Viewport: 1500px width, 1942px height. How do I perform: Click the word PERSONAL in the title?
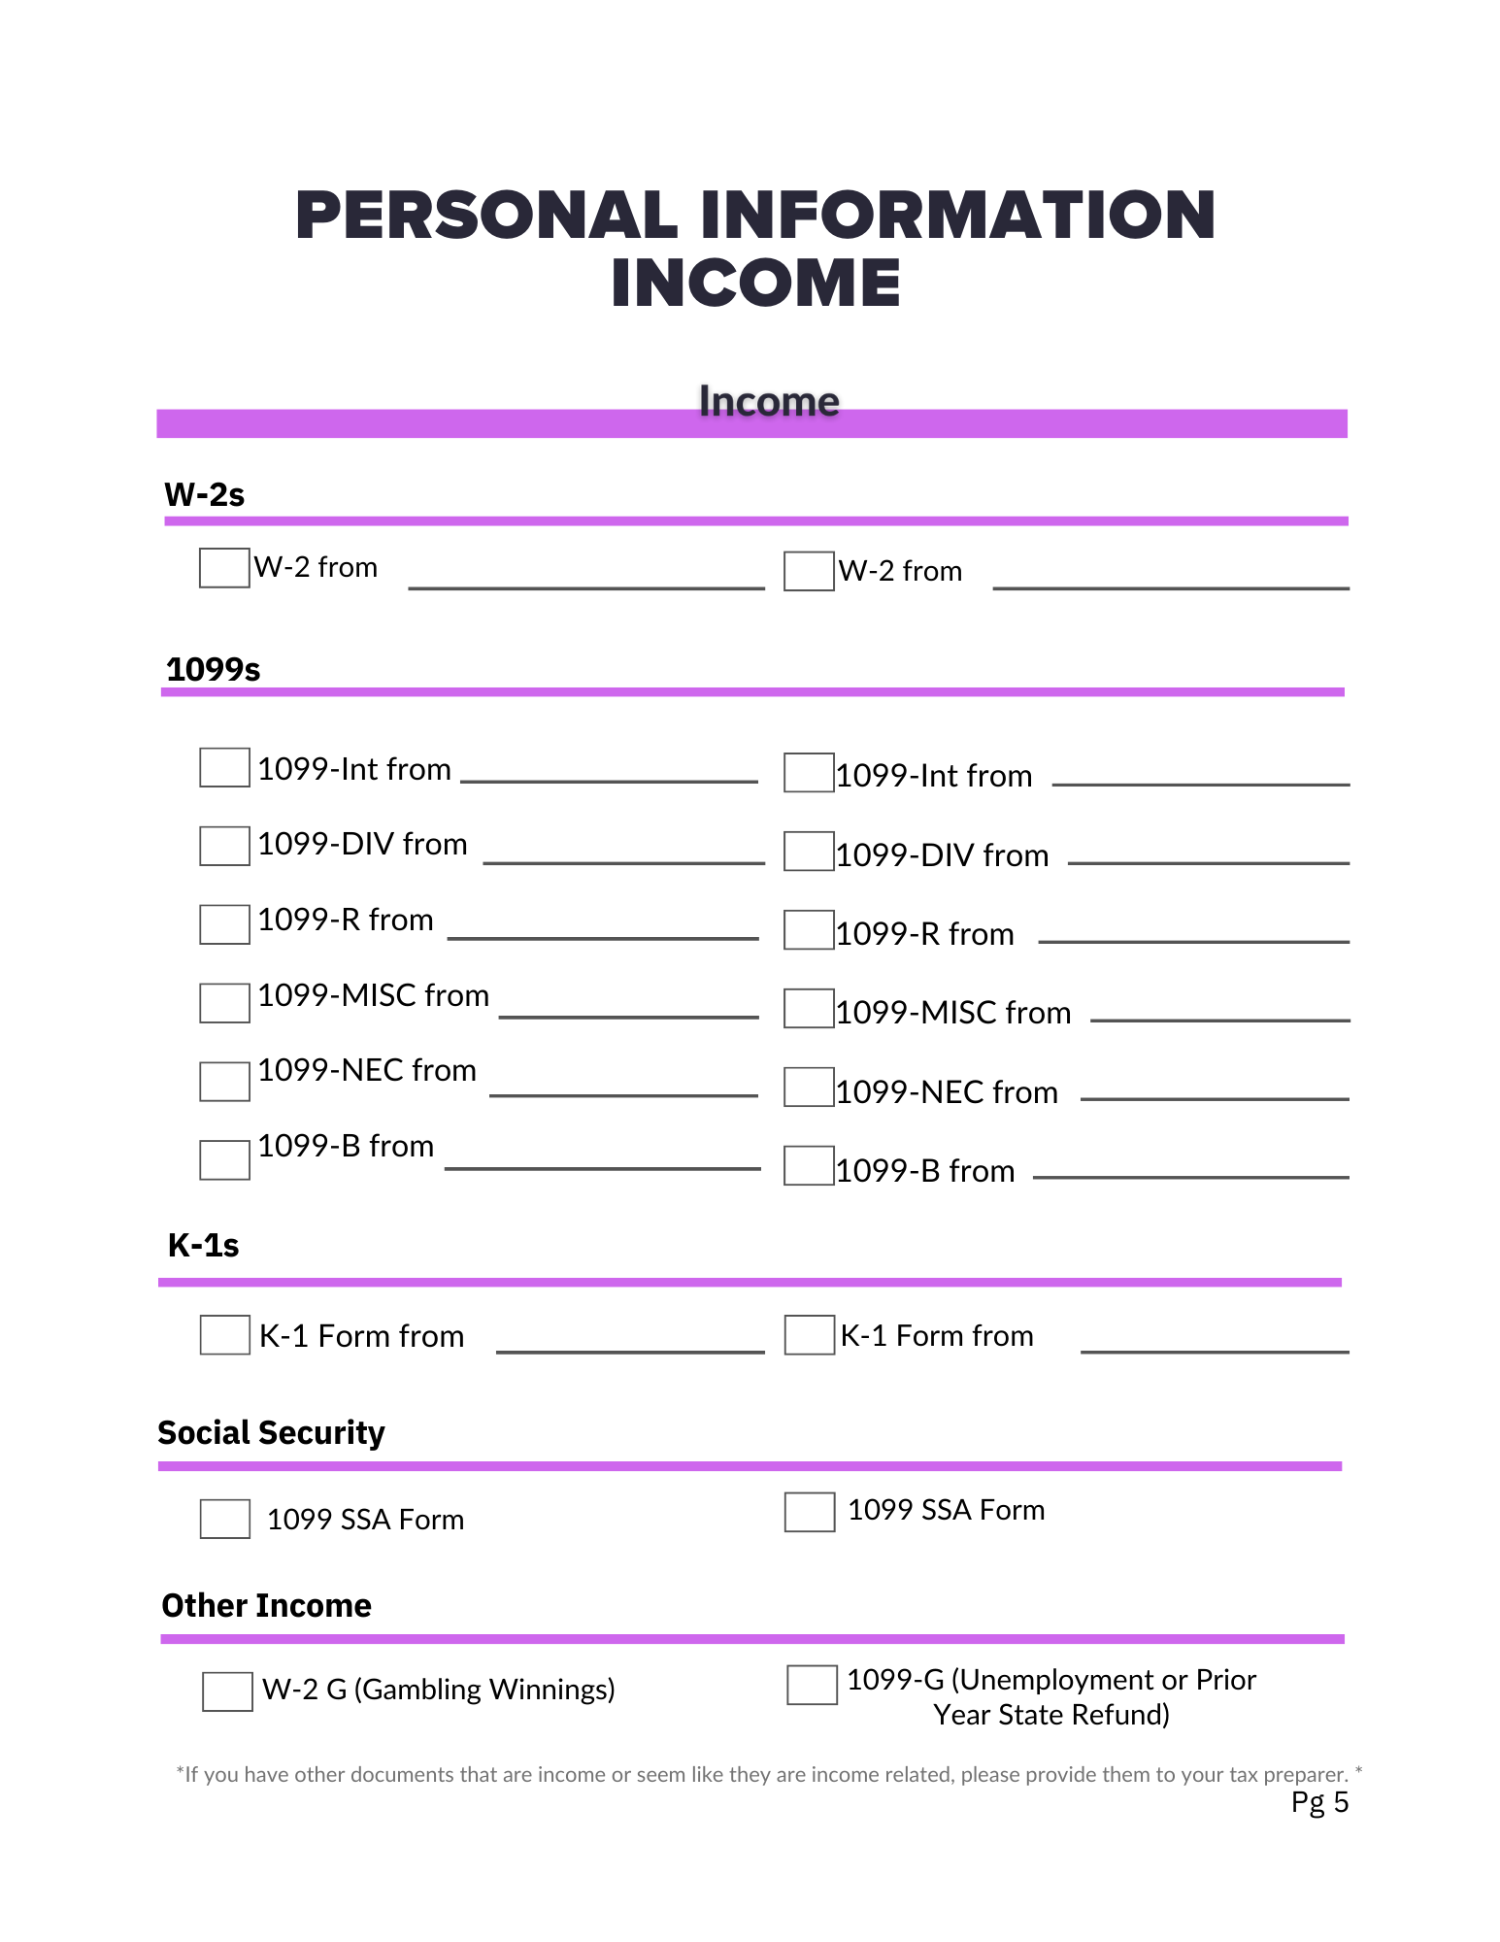pyautogui.click(x=486, y=215)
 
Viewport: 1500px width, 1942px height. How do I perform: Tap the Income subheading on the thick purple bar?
pyautogui.click(x=769, y=402)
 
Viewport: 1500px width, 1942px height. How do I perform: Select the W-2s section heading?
pyautogui.click(x=204, y=495)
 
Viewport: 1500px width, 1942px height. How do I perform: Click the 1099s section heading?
pyautogui.click(x=213, y=670)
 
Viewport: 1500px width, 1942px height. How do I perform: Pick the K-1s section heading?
pyautogui.click(x=203, y=1245)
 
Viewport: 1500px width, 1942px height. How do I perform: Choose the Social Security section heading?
pyautogui.click(x=271, y=1433)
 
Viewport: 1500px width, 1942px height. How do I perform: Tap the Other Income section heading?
pyautogui.click(x=266, y=1606)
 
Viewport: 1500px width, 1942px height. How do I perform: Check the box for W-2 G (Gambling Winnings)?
pyautogui.click(x=227, y=1691)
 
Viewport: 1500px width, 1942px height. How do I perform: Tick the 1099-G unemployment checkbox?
pyautogui.click(x=812, y=1685)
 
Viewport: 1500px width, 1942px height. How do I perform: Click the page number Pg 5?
pyautogui.click(x=1319, y=1802)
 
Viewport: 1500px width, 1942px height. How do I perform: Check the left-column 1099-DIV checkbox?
pyautogui.click(x=224, y=846)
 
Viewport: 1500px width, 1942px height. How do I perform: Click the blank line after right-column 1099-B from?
pyautogui.click(x=1190, y=1175)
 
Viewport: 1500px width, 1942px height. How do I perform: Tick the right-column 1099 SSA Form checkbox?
pyautogui.click(x=810, y=1512)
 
